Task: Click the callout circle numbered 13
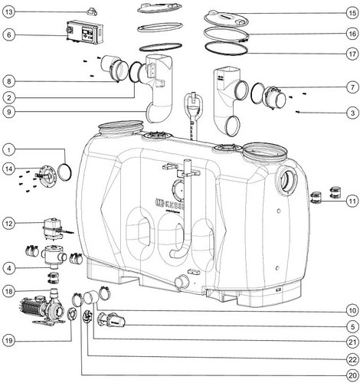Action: point(9,12)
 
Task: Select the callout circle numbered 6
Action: point(9,34)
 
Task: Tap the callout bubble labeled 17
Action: point(352,54)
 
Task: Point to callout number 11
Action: point(352,201)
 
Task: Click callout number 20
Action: point(352,375)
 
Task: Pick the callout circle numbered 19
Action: point(9,341)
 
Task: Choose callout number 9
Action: point(9,112)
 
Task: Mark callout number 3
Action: point(352,113)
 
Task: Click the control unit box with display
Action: point(85,32)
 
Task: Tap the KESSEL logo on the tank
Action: point(170,204)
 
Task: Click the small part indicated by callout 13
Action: point(92,11)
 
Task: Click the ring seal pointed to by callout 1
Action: point(64,172)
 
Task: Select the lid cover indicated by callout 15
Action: point(226,18)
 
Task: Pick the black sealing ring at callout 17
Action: point(226,48)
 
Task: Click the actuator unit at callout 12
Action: point(53,228)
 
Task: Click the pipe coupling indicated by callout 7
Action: point(274,98)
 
